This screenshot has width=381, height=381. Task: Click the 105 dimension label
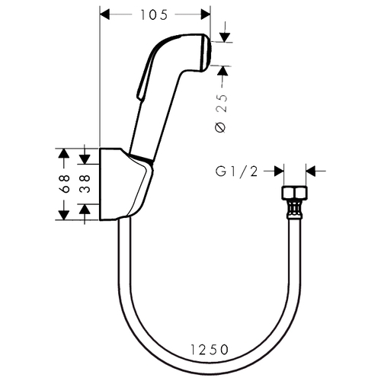154,14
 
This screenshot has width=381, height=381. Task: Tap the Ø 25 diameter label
221,114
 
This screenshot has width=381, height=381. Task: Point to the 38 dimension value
86,184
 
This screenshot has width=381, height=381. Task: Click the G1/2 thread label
237,171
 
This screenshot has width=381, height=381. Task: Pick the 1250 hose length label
210,350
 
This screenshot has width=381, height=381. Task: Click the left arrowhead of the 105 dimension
105,14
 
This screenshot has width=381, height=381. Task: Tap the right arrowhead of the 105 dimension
206,14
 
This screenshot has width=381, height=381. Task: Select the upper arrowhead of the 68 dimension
63,153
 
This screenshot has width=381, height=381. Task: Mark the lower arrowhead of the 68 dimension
63,215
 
